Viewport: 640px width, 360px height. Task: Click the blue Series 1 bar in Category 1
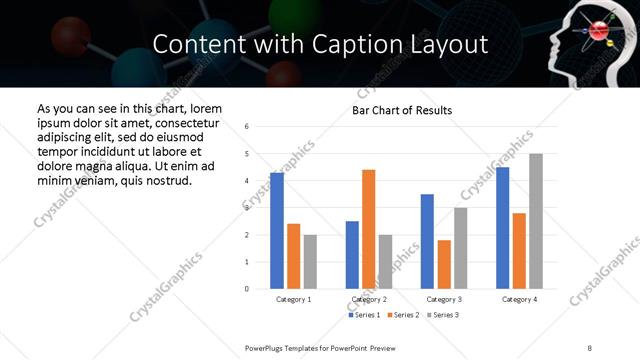click(x=277, y=231)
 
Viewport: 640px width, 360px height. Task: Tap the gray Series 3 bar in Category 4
click(x=536, y=221)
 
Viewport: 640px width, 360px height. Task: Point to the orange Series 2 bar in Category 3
click(x=444, y=264)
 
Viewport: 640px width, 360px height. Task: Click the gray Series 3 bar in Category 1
click(x=310, y=262)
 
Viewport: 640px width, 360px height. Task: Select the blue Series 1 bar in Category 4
click(x=503, y=228)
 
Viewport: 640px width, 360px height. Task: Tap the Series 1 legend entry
click(x=363, y=315)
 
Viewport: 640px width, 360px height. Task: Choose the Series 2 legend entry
click(x=402, y=315)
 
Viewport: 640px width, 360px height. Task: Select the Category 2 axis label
click(x=369, y=300)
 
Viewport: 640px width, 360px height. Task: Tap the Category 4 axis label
click(x=519, y=300)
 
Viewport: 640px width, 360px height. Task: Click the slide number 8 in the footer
click(x=590, y=346)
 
